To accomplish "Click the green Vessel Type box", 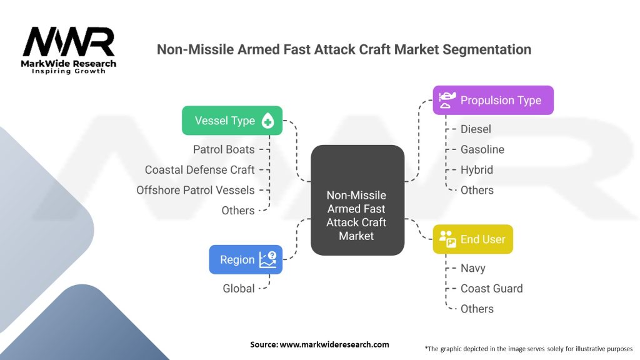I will [x=232, y=121].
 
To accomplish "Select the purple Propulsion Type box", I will [x=493, y=100].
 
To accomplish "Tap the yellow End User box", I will [x=472, y=239].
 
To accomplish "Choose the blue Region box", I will [x=246, y=259].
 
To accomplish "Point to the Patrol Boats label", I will [x=224, y=149].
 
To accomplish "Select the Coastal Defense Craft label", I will [x=199, y=169].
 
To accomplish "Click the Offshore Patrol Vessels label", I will [x=196, y=190].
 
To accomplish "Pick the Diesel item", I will [x=476, y=129].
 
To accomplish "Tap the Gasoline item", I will [x=482, y=149].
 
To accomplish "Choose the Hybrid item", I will [x=477, y=169].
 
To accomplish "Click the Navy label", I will [x=472, y=268].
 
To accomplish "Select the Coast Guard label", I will [x=491, y=288].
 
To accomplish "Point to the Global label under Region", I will [x=239, y=288].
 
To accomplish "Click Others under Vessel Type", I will [x=238, y=211].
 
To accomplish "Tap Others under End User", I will [x=477, y=309].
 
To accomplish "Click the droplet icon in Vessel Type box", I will [x=267, y=121].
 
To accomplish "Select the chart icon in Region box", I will [x=267, y=259].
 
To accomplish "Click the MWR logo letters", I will [x=69, y=42].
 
